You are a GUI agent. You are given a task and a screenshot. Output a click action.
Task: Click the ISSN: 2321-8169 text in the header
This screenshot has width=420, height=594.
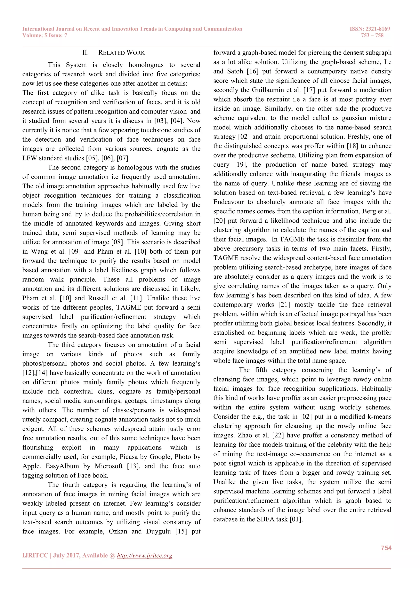coord(370,29)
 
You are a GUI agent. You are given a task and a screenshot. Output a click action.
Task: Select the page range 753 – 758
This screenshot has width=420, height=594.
coord(372,35)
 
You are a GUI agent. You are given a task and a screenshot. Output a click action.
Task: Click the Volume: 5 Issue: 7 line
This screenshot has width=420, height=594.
coord(45,35)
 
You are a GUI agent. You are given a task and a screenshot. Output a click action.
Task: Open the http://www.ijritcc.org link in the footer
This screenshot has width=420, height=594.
coord(145,555)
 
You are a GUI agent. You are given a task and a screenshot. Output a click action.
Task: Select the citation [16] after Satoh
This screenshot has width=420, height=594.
coord(253,71)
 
